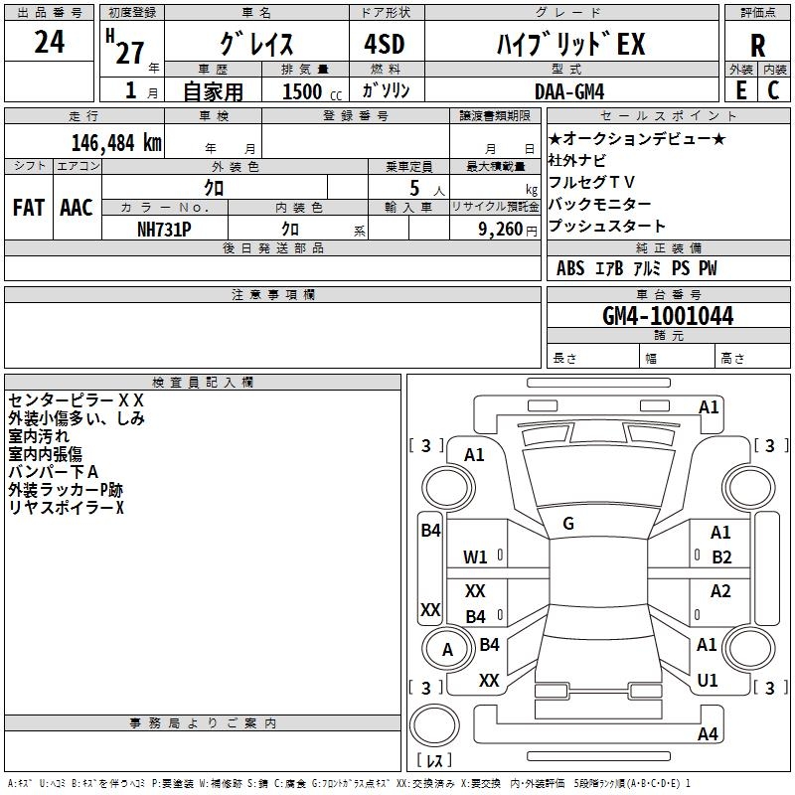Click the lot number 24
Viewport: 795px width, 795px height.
(x=49, y=42)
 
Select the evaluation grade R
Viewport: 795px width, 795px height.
(x=757, y=46)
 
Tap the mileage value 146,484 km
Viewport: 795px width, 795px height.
(x=116, y=143)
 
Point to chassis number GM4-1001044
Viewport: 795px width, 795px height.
(x=668, y=316)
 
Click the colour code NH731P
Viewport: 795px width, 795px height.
(x=164, y=230)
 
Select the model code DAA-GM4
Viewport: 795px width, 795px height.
(x=569, y=91)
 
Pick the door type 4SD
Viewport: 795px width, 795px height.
(x=385, y=44)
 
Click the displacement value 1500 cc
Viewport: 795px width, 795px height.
(x=312, y=91)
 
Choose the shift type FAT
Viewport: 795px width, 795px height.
(x=29, y=208)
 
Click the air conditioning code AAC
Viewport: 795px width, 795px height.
(x=77, y=208)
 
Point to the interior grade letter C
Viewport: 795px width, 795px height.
(x=773, y=90)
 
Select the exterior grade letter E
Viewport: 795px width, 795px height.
(x=741, y=90)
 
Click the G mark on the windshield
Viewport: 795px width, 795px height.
(x=568, y=524)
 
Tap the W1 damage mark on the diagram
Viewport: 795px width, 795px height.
(x=475, y=557)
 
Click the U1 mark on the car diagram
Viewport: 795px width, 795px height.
(x=708, y=680)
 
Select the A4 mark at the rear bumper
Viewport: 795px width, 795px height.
(x=708, y=733)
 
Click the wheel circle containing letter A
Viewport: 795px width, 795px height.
(x=447, y=649)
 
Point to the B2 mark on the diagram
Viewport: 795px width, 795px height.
(x=721, y=557)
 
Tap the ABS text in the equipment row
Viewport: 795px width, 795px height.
(x=570, y=268)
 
